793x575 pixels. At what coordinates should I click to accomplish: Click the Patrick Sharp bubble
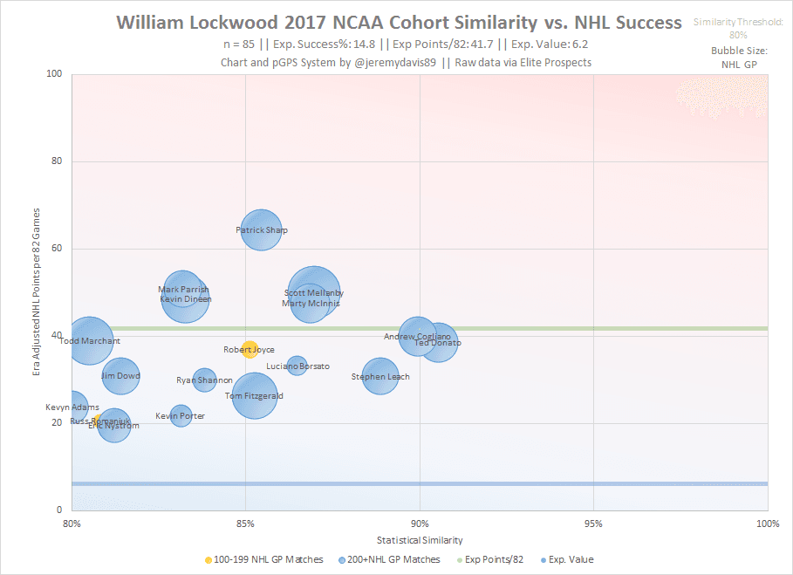tap(262, 230)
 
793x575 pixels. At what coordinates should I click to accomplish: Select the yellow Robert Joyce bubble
tap(250, 349)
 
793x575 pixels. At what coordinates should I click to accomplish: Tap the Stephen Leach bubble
tap(380, 377)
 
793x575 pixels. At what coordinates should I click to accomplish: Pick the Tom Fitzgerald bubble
tap(254, 395)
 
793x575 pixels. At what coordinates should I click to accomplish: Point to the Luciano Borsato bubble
tap(297, 366)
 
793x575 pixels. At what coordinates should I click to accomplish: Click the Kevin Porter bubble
tap(181, 415)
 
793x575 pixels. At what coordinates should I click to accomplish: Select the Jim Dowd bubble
tap(120, 376)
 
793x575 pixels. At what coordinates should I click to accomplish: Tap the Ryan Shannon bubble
tap(204, 380)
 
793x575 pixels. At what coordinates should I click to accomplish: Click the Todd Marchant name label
tap(90, 341)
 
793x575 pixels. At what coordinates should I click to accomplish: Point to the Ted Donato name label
tap(438, 343)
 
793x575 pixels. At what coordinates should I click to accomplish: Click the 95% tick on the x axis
tap(593, 524)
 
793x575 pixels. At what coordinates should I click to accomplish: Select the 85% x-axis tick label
tap(245, 524)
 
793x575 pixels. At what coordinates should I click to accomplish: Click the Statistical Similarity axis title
tap(420, 540)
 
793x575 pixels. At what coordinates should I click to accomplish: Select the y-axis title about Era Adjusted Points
tap(37, 292)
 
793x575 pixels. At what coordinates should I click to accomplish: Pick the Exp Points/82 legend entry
tap(495, 559)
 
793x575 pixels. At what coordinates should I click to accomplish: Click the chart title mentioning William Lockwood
tap(399, 23)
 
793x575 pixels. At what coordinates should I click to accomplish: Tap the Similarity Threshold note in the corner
tap(738, 28)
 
